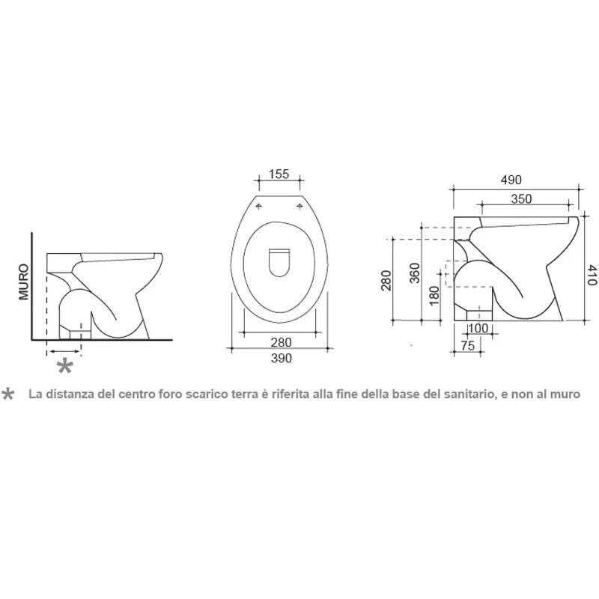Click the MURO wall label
pyautogui.click(x=24, y=282)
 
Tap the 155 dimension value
pyautogui.click(x=279, y=174)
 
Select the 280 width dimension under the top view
pyautogui.click(x=282, y=342)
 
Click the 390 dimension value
pyautogui.click(x=282, y=358)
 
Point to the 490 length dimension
pyautogui.click(x=511, y=180)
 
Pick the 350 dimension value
pyautogui.click(x=521, y=198)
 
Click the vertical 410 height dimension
pyautogui.click(x=592, y=275)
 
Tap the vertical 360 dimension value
pyautogui.click(x=415, y=273)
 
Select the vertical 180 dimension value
pyautogui.click(x=434, y=296)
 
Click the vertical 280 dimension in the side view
pyautogui.click(x=386, y=280)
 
